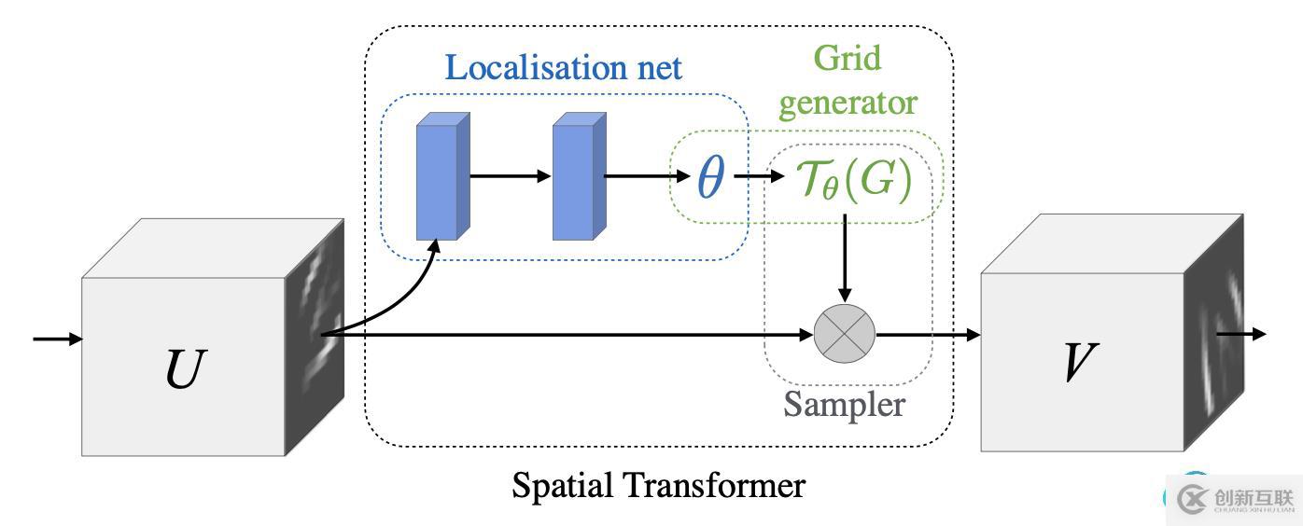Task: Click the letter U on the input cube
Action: [x=182, y=368]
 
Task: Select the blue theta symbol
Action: [x=710, y=176]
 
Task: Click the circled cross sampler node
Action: [x=845, y=334]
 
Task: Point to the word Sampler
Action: [x=844, y=404]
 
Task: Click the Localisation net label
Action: [x=563, y=67]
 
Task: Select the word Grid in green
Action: [x=847, y=58]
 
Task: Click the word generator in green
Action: [x=848, y=102]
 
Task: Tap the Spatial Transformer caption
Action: [x=658, y=486]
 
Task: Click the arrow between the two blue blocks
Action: [x=510, y=175]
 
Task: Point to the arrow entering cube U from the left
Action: [x=57, y=338]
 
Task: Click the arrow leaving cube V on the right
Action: [x=1241, y=333]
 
